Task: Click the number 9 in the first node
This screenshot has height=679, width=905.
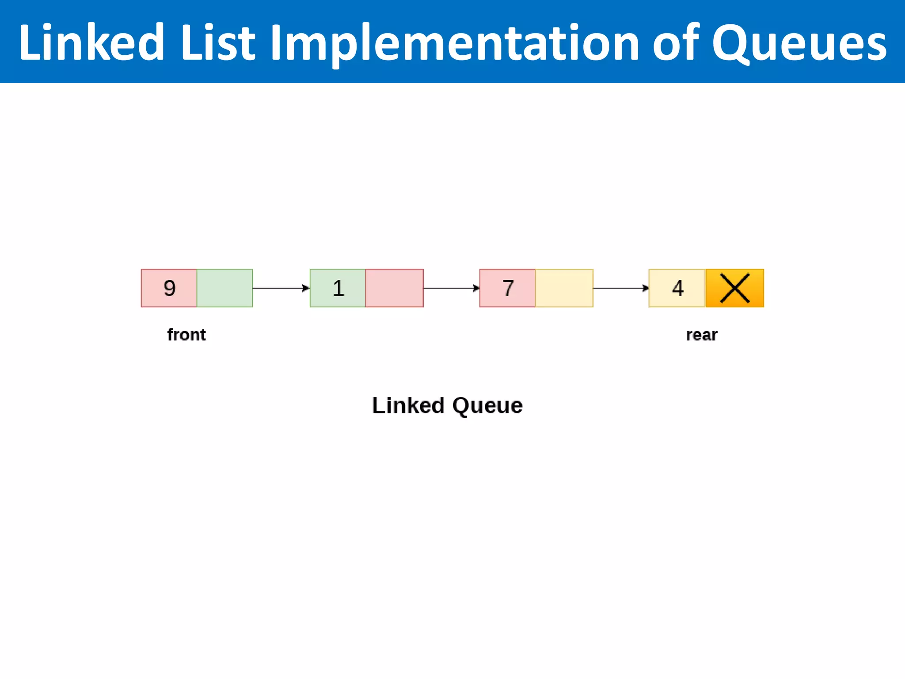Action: (x=170, y=288)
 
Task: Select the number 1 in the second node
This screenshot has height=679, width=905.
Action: (x=338, y=288)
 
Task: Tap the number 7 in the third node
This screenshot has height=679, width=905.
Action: (x=508, y=288)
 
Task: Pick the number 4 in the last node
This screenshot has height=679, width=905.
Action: (x=678, y=288)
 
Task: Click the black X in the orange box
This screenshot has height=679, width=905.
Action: (x=734, y=288)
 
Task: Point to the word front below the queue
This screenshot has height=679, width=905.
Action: (x=186, y=335)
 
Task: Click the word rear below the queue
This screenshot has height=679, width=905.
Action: (x=702, y=335)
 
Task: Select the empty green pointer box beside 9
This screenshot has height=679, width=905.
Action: (x=224, y=288)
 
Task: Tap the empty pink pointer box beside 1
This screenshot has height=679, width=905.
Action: (x=394, y=288)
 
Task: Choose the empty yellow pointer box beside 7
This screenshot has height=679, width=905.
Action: (x=564, y=288)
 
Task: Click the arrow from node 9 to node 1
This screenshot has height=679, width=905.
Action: (x=281, y=288)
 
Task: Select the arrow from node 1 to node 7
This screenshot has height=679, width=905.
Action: (x=451, y=288)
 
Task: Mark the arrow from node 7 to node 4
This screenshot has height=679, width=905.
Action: (x=620, y=288)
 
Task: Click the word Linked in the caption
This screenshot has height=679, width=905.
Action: (x=408, y=405)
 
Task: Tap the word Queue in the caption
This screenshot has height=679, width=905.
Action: (x=487, y=405)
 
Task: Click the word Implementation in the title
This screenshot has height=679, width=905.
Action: (x=454, y=43)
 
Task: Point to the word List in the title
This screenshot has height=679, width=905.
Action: (x=218, y=43)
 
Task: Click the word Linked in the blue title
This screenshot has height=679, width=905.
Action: (x=91, y=43)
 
